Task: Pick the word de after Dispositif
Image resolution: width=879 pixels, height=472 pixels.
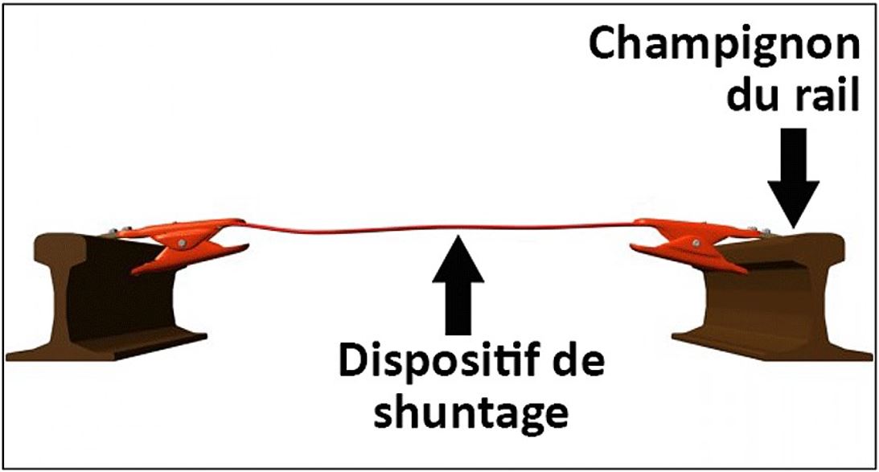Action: click(x=574, y=363)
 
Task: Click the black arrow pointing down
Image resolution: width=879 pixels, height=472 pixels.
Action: click(x=792, y=181)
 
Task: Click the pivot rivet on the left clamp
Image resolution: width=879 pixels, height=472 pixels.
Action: click(x=184, y=243)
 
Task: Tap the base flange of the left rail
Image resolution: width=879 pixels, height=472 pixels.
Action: click(x=121, y=350)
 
